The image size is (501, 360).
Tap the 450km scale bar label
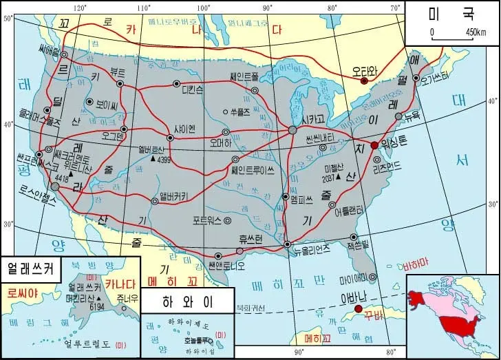click(476, 32)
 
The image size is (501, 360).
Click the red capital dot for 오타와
click(365, 81)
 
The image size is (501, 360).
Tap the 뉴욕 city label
click(412, 115)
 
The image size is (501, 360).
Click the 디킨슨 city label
click(192, 89)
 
